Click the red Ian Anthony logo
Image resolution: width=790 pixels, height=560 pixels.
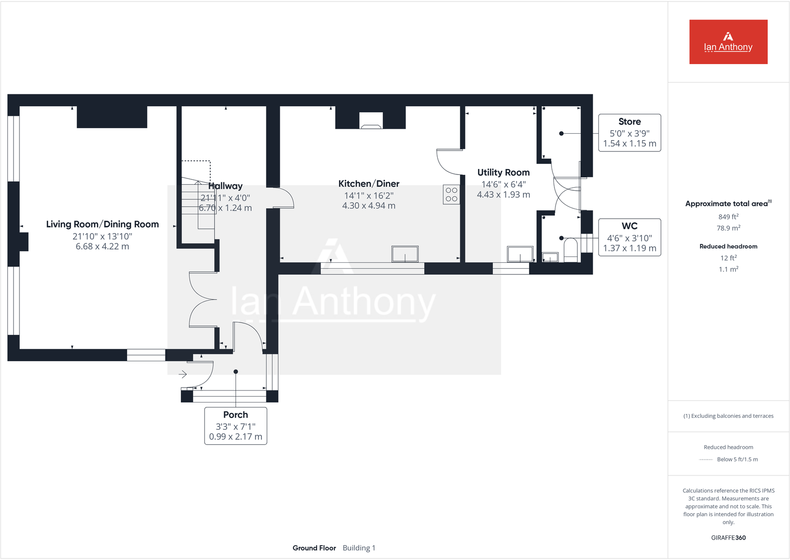[728, 42]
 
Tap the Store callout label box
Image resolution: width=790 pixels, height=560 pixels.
[630, 133]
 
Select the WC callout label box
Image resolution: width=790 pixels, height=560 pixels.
[630, 238]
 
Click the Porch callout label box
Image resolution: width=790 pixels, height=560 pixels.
[236, 426]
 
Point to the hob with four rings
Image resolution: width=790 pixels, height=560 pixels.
[451, 194]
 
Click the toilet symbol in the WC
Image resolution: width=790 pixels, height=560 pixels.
[571, 250]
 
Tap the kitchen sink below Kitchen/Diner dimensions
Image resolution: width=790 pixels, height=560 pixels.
[405, 254]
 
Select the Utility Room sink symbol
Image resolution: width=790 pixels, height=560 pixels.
[520, 254]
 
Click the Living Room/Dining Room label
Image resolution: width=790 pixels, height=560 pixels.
[102, 224]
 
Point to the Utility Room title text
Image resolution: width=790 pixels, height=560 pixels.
[503, 172]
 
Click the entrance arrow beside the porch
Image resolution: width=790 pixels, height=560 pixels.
[183, 374]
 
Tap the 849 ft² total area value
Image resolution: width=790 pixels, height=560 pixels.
[728, 217]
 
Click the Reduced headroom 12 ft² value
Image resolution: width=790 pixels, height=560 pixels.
[728, 258]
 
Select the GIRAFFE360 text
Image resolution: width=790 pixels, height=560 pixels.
[728, 538]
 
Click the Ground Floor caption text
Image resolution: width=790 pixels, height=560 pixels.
[314, 548]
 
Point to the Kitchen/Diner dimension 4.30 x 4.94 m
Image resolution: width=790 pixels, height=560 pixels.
[369, 206]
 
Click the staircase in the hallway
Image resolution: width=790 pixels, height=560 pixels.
[197, 204]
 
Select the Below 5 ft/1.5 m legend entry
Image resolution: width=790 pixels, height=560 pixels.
[737, 459]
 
